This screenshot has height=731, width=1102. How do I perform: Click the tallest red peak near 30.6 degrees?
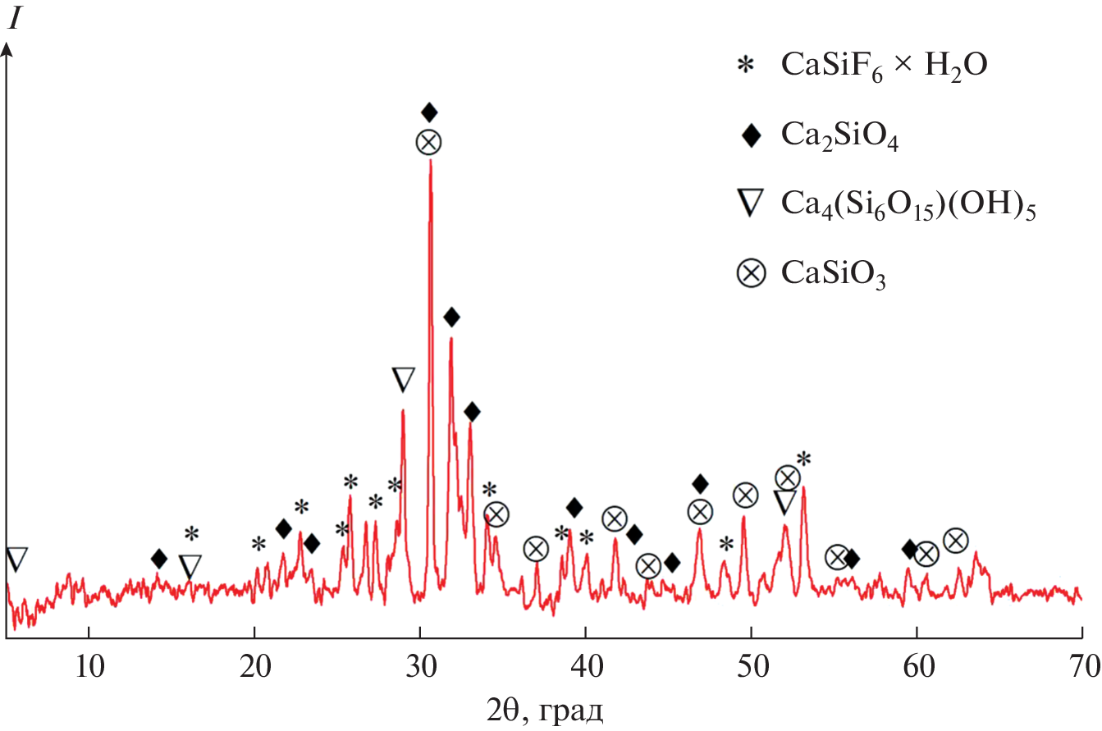click(x=430, y=164)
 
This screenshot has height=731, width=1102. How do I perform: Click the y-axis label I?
click(x=14, y=21)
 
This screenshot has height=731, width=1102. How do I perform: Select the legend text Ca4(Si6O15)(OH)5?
click(x=908, y=206)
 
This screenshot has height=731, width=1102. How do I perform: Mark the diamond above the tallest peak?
click(x=429, y=112)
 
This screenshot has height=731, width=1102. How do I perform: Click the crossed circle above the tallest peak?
click(x=428, y=142)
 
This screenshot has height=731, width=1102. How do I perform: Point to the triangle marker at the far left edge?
click(x=16, y=559)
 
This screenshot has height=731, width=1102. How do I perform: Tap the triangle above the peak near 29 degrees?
click(x=403, y=379)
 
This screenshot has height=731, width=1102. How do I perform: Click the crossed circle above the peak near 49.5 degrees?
click(x=745, y=495)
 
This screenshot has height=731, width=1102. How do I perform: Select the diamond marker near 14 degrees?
click(x=159, y=560)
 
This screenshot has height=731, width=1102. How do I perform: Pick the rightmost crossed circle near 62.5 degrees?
click(x=956, y=540)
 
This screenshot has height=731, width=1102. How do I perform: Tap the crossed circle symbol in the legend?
click(x=749, y=274)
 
